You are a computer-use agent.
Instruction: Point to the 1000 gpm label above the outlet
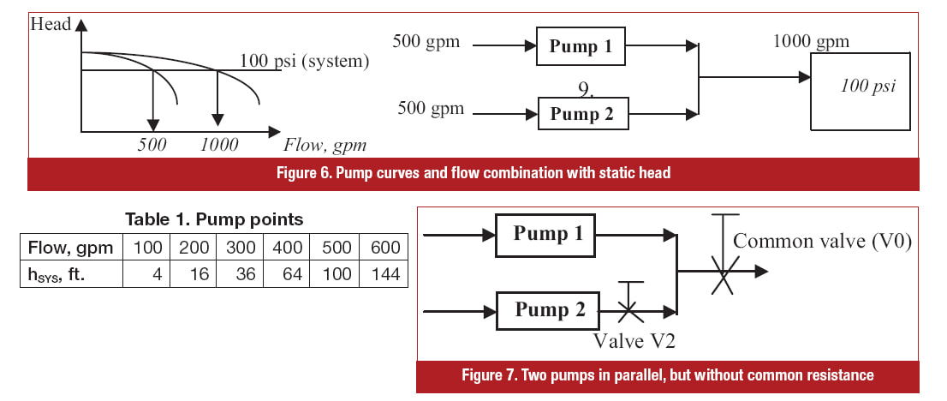coord(811,41)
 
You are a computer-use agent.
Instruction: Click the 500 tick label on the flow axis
coord(152,145)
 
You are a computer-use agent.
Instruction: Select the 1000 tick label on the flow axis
coord(219,145)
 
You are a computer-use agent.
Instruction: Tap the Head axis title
coord(51,24)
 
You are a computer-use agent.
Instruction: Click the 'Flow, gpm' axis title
coord(325,145)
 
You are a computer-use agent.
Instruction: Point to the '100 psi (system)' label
coord(305,62)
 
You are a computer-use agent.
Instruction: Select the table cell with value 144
coord(384,274)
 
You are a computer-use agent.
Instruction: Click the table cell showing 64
coord(286,274)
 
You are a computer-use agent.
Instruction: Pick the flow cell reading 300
coord(240,247)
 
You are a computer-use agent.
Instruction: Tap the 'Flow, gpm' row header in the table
coord(71,247)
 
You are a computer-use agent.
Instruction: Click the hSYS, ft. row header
coord(71,274)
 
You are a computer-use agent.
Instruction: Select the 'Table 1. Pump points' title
coord(214,219)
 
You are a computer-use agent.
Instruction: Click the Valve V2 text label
coord(634,340)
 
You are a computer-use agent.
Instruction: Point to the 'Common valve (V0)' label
coord(822,242)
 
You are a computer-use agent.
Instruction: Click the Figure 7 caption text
coord(667,375)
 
